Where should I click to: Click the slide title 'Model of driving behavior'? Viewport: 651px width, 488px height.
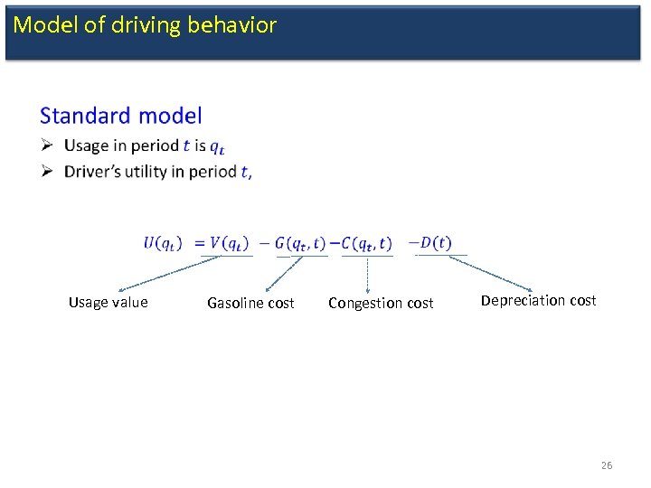(x=145, y=25)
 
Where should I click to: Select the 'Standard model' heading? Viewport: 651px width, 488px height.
(x=121, y=116)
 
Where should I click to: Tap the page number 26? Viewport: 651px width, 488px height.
(x=606, y=465)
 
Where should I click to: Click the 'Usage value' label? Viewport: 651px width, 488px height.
(x=108, y=303)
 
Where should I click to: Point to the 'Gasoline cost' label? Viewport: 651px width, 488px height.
(x=250, y=304)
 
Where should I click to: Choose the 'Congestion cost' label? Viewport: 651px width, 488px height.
(x=381, y=304)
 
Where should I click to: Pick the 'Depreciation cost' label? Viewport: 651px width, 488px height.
(x=538, y=301)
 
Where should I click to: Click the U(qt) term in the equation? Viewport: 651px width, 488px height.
(x=163, y=242)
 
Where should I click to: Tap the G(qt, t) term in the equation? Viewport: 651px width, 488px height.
(x=300, y=242)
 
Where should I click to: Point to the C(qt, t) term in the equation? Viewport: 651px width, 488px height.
(x=366, y=242)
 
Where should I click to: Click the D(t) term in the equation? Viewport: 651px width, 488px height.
(x=435, y=242)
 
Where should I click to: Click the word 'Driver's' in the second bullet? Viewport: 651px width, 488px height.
(x=93, y=172)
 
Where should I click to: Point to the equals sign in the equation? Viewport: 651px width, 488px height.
(x=199, y=242)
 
